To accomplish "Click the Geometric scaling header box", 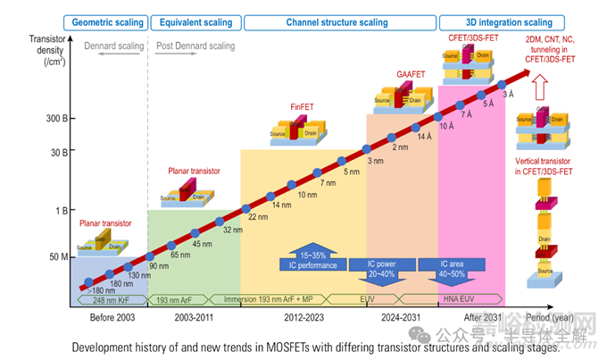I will pyautogui.click(x=106, y=21).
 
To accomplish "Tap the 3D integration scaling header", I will pyautogui.click(x=496, y=21).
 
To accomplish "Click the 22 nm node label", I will pyautogui.click(x=258, y=217).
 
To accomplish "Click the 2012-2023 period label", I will pyautogui.click(x=303, y=318).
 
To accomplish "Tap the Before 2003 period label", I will pyautogui.click(x=113, y=318).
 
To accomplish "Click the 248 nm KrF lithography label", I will pyautogui.click(x=105, y=300).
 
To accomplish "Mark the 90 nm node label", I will pyautogui.click(x=158, y=265).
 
